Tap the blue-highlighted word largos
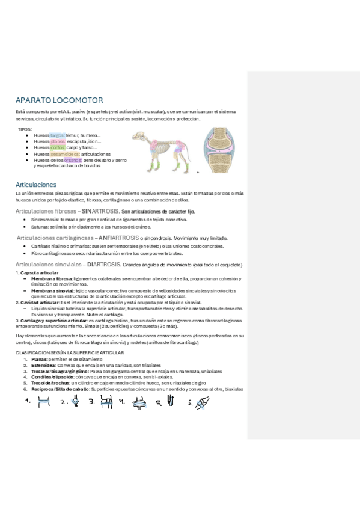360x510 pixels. (57, 135)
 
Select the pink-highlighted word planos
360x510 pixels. (58, 141)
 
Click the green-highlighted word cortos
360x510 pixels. (58, 147)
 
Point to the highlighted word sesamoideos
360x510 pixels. (64, 154)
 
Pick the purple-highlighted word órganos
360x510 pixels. (72, 160)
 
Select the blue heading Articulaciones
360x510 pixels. (36, 185)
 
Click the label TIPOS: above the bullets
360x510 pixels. (25, 129)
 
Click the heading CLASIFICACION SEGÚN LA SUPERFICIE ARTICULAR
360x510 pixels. (70, 352)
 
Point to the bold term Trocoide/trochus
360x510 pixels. (50, 382)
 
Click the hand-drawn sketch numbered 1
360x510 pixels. (43, 404)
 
